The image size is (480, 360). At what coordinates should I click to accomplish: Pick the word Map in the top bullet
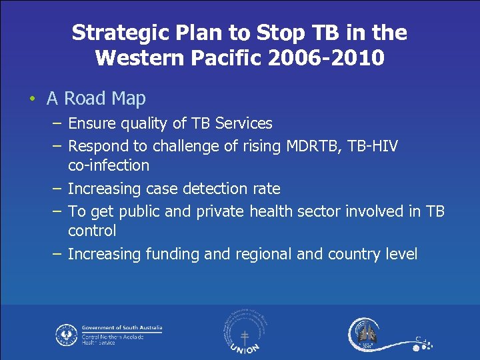click(x=129, y=99)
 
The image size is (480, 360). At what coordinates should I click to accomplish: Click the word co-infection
click(x=109, y=165)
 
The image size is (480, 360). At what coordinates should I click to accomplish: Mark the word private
click(x=220, y=212)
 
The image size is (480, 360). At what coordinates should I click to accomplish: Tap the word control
click(x=92, y=231)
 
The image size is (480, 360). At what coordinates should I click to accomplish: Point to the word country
click(x=357, y=254)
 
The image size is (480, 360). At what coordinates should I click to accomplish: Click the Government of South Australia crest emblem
click(x=67, y=334)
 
